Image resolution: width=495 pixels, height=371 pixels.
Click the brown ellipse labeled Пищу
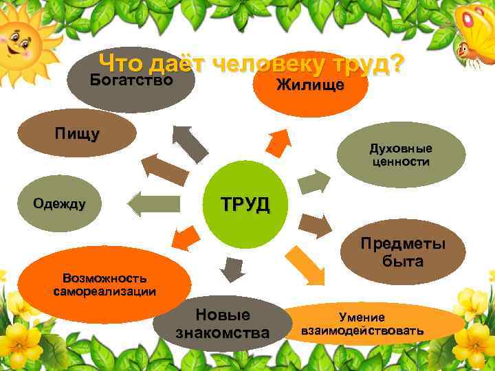coord(77,134)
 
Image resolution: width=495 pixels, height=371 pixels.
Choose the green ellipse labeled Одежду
coord(59,204)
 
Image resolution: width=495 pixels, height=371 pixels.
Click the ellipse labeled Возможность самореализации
coord(104,284)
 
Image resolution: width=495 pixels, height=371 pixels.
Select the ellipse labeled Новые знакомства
coord(222,324)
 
